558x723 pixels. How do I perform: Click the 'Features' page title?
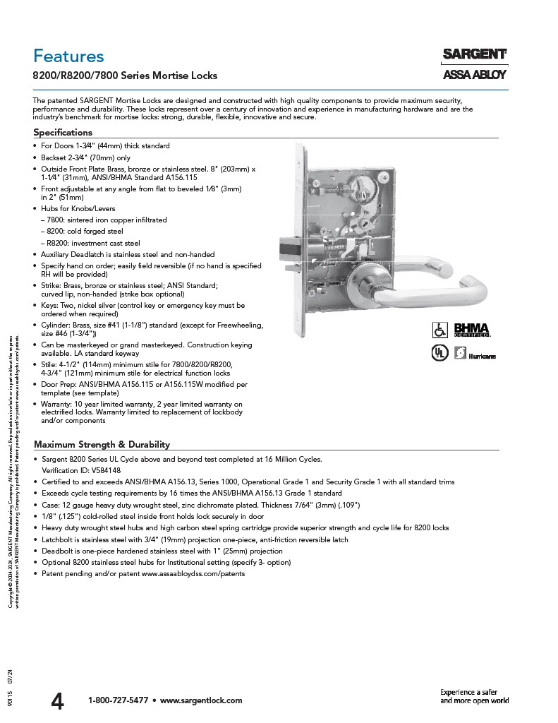[x=68, y=56]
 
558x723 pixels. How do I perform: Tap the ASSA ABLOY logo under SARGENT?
[x=474, y=75]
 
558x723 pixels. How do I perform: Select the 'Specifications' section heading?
[x=63, y=132]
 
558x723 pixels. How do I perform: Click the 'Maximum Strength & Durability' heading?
[x=102, y=444]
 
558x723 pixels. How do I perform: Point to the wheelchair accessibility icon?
[x=439, y=330]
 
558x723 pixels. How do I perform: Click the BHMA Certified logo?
[x=471, y=330]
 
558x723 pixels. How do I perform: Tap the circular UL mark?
[x=439, y=352]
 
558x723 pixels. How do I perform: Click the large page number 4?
[x=57, y=701]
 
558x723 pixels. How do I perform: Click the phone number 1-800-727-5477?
[x=118, y=700]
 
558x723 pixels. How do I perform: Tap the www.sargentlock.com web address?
[x=201, y=700]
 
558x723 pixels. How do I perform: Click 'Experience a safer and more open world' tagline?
[x=474, y=696]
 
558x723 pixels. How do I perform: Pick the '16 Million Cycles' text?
[x=292, y=459]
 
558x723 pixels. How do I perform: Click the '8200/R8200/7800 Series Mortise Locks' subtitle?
[x=126, y=75]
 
